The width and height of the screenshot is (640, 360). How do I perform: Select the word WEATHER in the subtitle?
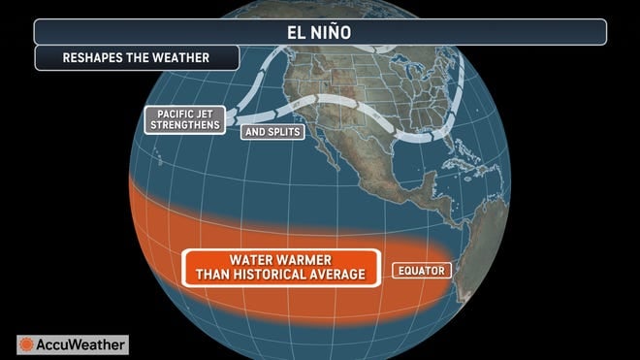(x=184, y=57)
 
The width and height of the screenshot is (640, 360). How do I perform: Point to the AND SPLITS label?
(x=273, y=131)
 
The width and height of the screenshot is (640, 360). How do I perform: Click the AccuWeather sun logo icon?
(x=27, y=344)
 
